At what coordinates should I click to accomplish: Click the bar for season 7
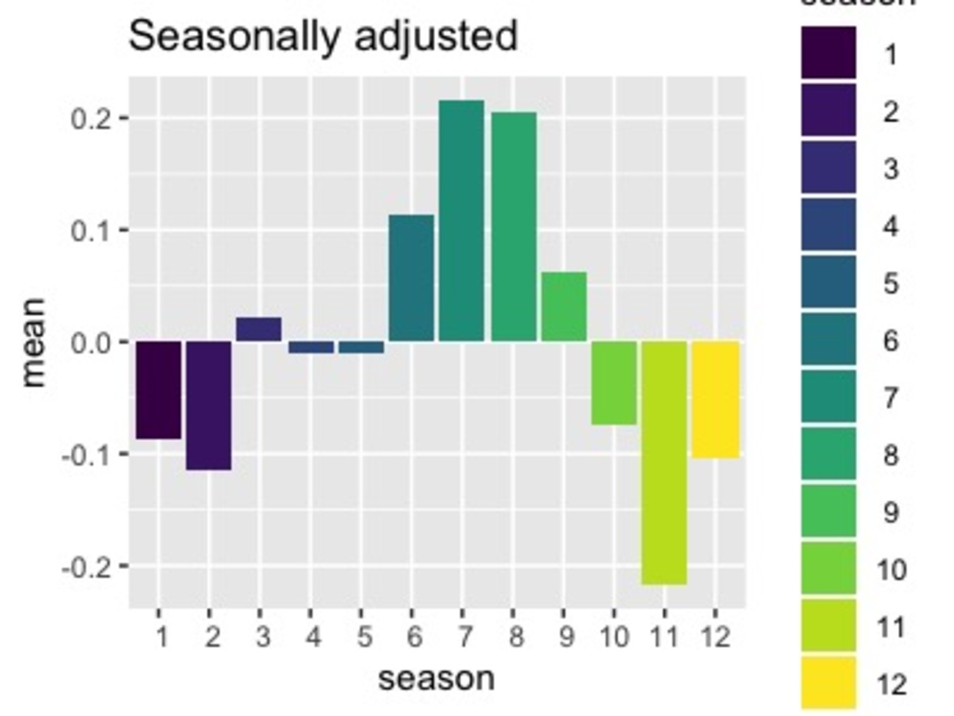coord(462,220)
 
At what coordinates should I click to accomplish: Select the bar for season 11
coord(664,463)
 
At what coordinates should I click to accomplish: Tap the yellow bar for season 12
coord(715,399)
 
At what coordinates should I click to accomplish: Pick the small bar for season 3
coord(258,329)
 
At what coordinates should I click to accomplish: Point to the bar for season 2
coord(208,405)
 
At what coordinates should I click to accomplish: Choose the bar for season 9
coord(564,306)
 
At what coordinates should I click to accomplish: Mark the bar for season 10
coord(613,383)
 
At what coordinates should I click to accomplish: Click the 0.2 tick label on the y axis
coord(90,118)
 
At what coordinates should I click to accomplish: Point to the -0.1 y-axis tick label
coord(85,455)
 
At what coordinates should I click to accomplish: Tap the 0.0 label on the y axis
coord(90,342)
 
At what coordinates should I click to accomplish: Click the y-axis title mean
coord(34,342)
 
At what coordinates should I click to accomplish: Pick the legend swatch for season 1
coord(829,53)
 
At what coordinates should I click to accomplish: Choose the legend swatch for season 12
coord(829,683)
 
